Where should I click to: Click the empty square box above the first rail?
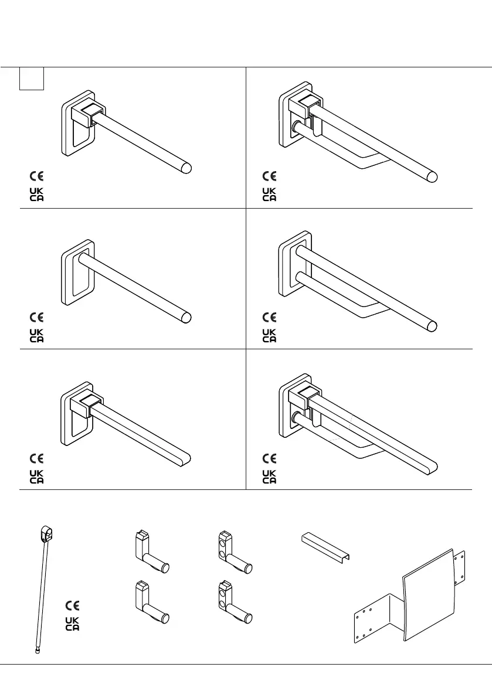click(32, 79)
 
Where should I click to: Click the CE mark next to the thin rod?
click(72, 605)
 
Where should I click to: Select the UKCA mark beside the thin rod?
click(72, 624)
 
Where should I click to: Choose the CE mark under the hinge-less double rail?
click(269, 317)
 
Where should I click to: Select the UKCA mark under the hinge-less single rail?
click(36, 335)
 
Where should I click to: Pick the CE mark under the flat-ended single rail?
click(36, 458)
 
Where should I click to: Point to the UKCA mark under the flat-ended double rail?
click(269, 476)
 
